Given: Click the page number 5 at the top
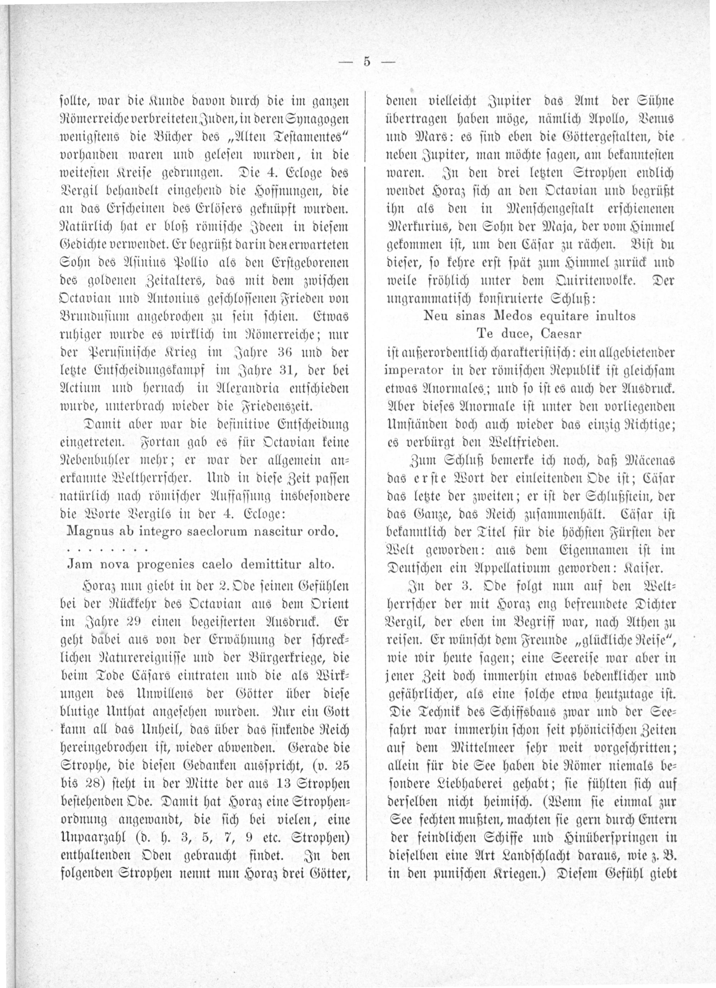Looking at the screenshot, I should [367, 62].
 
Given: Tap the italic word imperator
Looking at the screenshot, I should [413, 370].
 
